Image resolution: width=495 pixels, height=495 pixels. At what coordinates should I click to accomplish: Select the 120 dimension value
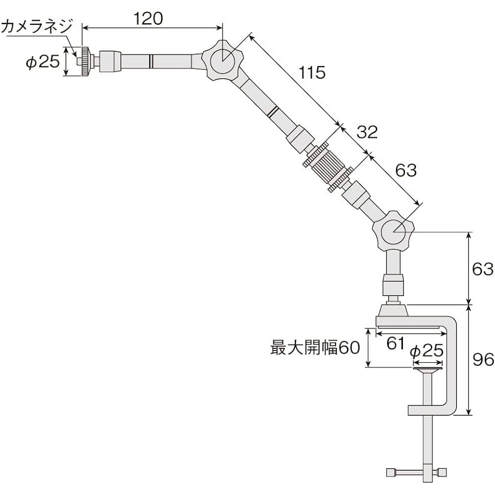coord(148,18)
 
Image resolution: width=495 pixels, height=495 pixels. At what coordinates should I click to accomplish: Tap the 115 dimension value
coord(312,73)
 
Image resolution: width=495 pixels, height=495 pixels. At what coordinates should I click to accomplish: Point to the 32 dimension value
coord(367,132)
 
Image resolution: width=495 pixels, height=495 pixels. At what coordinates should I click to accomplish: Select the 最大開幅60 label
coord(314,347)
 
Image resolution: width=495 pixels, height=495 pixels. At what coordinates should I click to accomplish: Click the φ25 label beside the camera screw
coord(42,62)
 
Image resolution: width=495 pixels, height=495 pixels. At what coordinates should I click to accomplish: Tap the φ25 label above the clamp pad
coord(426,350)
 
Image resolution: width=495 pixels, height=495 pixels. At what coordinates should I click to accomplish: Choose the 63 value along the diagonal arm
coord(405,170)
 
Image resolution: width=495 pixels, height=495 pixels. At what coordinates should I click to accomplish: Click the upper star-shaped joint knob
coord(223,61)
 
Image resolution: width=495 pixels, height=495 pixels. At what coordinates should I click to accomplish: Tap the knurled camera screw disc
coord(85,62)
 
